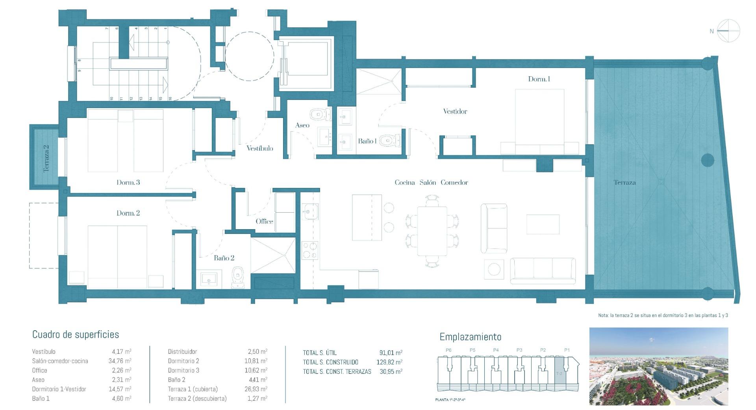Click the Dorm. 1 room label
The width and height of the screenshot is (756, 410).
(x=539, y=79)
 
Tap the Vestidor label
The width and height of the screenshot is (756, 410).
(x=455, y=111)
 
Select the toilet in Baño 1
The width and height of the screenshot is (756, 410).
(x=389, y=140)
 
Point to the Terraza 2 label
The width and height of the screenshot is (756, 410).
(x=46, y=158)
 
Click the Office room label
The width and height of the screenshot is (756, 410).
(x=264, y=221)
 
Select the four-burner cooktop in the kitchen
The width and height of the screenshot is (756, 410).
(x=309, y=250)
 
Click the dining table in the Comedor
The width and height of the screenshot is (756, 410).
(x=432, y=231)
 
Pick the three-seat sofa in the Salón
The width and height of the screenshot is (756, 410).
(x=543, y=270)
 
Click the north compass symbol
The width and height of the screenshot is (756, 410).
(x=728, y=31)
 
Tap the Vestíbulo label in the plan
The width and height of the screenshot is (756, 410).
(x=259, y=148)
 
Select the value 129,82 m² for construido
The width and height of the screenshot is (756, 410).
(x=389, y=362)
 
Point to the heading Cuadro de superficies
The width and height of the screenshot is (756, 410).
(x=76, y=335)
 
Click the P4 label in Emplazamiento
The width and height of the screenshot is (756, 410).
(x=496, y=350)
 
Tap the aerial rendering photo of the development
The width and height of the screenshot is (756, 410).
(x=658, y=366)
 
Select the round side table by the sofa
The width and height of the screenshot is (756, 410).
(x=494, y=270)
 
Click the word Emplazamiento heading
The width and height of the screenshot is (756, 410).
(x=470, y=337)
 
